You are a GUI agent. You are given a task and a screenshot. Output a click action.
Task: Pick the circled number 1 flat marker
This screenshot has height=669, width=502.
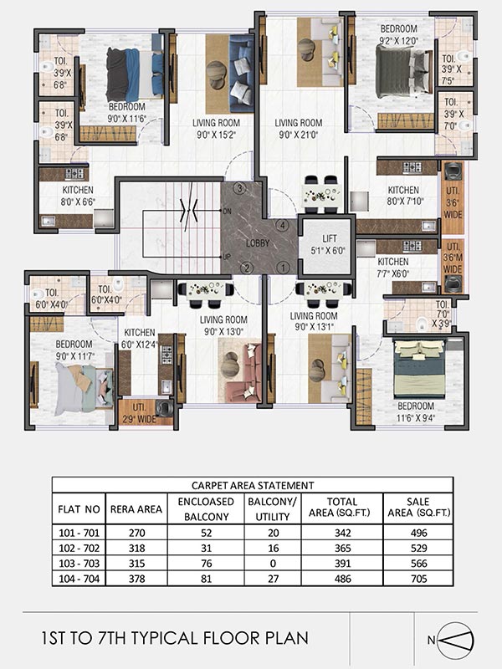pyautogui.click(x=283, y=268)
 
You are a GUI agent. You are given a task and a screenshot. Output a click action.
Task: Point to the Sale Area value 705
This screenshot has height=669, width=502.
pyautogui.click(x=417, y=580)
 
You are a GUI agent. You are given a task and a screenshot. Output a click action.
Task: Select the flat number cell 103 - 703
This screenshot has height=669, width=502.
pyautogui.click(x=83, y=565)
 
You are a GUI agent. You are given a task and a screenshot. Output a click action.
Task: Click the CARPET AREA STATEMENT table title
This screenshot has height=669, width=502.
pyautogui.click(x=252, y=484)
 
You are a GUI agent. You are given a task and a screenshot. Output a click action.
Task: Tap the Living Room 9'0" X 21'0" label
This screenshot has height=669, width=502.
pyautogui.click(x=299, y=128)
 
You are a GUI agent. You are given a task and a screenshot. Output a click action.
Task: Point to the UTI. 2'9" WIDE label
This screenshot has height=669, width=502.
pyautogui.click(x=138, y=412)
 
